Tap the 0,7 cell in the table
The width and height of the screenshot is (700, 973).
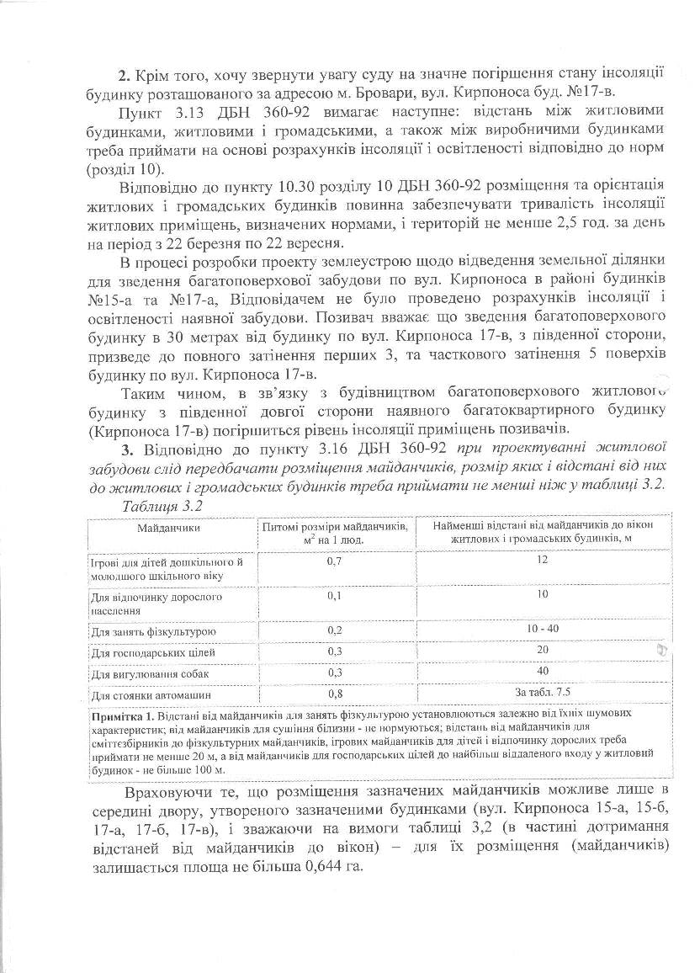[337, 561]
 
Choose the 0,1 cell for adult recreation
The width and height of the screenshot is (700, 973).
[337, 595]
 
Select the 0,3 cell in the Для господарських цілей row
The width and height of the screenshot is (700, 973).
[337, 652]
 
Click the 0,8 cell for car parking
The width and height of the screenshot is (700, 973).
[337, 694]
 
